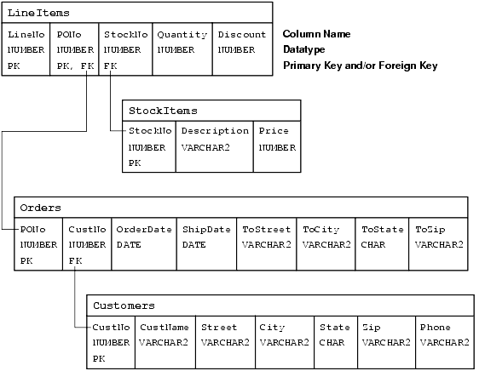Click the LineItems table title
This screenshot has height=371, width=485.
(38, 13)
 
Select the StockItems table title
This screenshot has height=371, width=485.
(163, 111)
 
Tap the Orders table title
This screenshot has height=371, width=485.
(41, 208)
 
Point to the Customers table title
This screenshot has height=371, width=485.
(124, 305)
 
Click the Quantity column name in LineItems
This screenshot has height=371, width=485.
(182, 35)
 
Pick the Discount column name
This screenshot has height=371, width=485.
(242, 34)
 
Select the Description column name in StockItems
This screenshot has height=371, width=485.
(215, 131)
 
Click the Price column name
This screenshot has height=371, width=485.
(274, 131)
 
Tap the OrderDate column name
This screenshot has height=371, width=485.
(144, 229)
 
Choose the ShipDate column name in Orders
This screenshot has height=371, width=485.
(206, 230)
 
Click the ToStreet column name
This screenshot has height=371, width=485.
(266, 229)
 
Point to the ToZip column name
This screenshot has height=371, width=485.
(430, 230)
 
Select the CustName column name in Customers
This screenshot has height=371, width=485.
(165, 327)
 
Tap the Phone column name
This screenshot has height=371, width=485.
(436, 327)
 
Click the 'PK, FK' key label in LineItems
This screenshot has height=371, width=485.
(75, 66)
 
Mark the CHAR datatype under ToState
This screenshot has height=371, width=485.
(373, 245)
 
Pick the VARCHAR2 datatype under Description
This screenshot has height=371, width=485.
(205, 148)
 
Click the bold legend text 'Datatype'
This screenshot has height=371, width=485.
(304, 49)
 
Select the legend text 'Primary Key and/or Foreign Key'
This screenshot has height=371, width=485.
(361, 66)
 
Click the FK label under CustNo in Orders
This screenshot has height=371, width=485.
(75, 261)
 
